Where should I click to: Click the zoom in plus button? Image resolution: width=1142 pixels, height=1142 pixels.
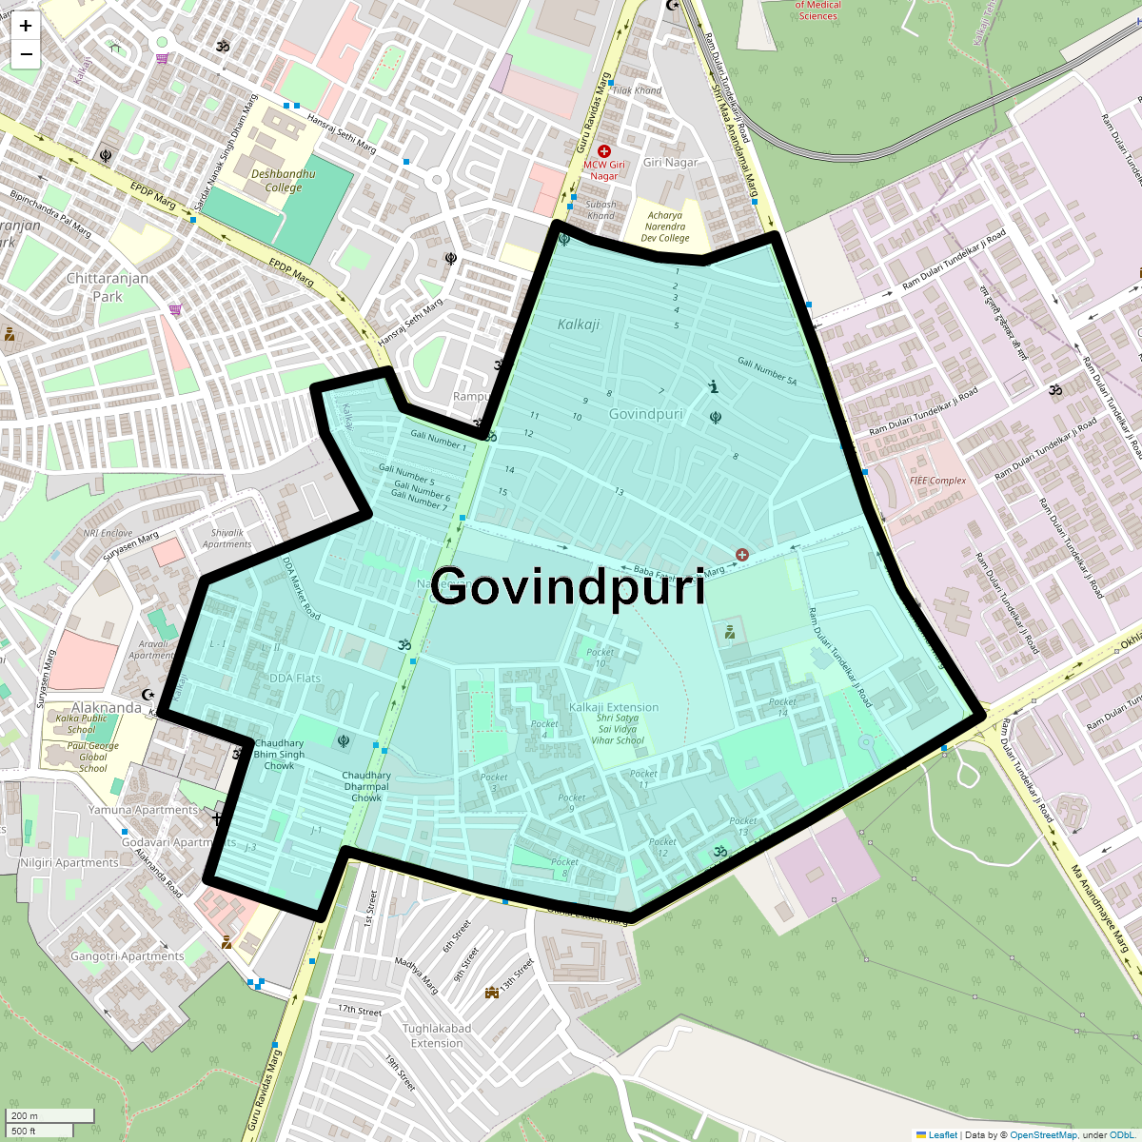(x=26, y=27)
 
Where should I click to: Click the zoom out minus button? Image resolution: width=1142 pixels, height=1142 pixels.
(x=26, y=55)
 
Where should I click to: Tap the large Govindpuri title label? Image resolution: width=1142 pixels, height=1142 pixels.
(x=568, y=586)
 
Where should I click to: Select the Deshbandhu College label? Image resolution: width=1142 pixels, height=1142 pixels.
(x=283, y=181)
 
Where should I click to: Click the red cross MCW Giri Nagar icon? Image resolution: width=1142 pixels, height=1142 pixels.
(x=603, y=151)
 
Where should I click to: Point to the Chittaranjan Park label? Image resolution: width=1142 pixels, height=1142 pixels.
(x=108, y=287)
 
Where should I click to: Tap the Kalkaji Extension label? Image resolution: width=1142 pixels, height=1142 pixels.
(x=614, y=707)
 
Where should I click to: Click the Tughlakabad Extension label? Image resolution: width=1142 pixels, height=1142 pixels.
(x=437, y=1035)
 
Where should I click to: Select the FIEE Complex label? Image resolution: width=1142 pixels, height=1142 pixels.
(x=937, y=481)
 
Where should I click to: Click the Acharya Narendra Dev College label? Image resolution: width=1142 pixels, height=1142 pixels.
(x=665, y=226)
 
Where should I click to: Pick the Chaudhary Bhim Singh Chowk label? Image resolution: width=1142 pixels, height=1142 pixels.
(x=279, y=754)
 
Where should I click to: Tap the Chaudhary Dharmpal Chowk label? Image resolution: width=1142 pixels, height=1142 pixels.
(x=366, y=786)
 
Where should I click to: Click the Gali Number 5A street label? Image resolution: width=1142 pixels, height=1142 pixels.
(x=767, y=371)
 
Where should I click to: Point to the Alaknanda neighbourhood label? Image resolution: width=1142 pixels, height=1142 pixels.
(x=107, y=707)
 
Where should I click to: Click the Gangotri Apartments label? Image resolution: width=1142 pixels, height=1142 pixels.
(x=128, y=955)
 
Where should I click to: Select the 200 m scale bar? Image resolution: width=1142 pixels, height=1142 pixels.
(x=49, y=1116)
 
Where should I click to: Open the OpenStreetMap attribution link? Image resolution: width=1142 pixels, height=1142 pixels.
(x=1043, y=1134)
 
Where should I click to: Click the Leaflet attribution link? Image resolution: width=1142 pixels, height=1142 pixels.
(x=942, y=1134)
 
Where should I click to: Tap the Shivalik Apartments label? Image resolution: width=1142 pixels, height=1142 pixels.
(x=227, y=539)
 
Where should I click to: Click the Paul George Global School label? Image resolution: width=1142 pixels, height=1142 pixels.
(x=93, y=757)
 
